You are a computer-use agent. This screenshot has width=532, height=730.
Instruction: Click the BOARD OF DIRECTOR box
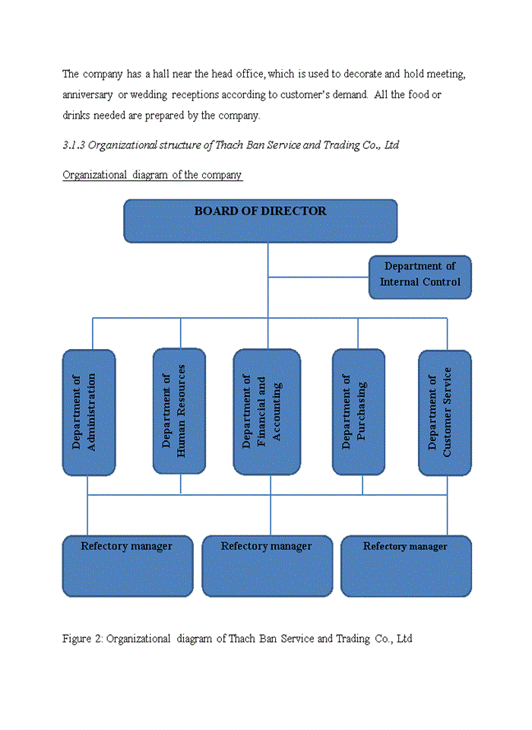[260, 221]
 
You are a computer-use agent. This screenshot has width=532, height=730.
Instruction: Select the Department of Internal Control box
[420, 277]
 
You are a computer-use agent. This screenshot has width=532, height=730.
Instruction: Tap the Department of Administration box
[89, 412]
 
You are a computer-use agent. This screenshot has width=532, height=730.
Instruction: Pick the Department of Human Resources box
[179, 411]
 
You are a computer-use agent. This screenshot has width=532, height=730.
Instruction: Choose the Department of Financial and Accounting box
[266, 412]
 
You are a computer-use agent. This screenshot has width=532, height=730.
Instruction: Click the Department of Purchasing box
[358, 412]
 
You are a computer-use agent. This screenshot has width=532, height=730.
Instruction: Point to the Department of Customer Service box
[445, 412]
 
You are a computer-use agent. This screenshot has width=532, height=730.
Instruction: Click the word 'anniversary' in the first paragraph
[87, 95]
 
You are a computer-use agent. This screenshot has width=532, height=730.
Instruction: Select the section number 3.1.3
[73, 144]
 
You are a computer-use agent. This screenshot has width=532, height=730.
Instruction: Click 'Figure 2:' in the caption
[82, 639]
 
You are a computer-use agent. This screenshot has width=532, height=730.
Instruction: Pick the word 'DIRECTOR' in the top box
[293, 211]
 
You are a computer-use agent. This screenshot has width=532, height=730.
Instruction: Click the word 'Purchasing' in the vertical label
[363, 412]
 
